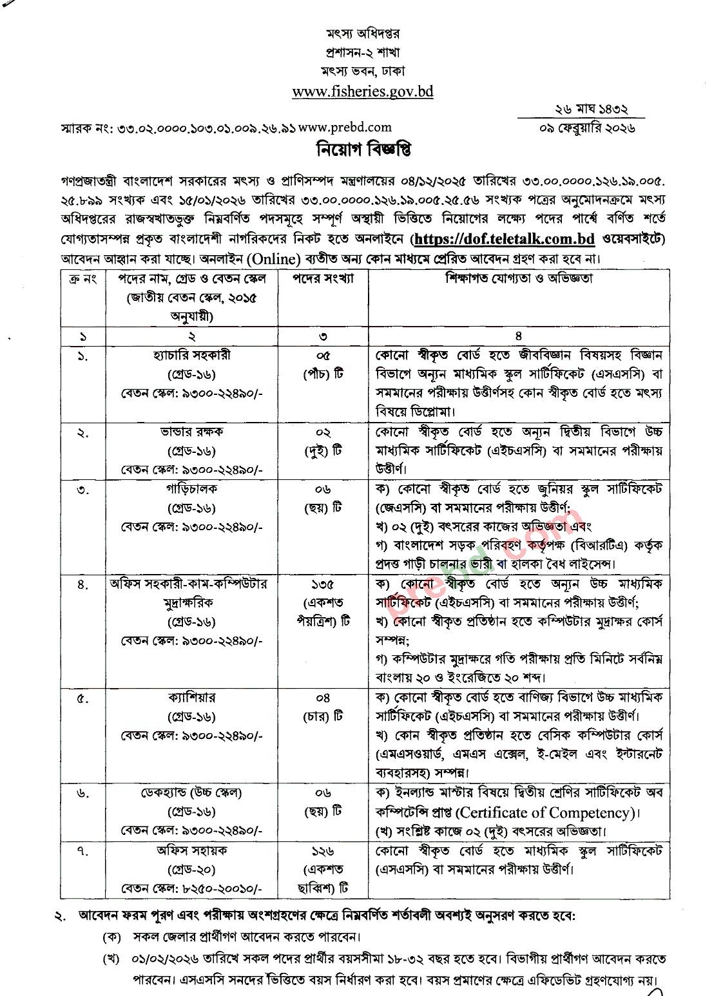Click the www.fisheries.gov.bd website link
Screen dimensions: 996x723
coord(362,91)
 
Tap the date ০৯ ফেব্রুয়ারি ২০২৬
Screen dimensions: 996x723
coord(588,128)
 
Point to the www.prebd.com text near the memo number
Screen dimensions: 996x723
coord(345,128)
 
